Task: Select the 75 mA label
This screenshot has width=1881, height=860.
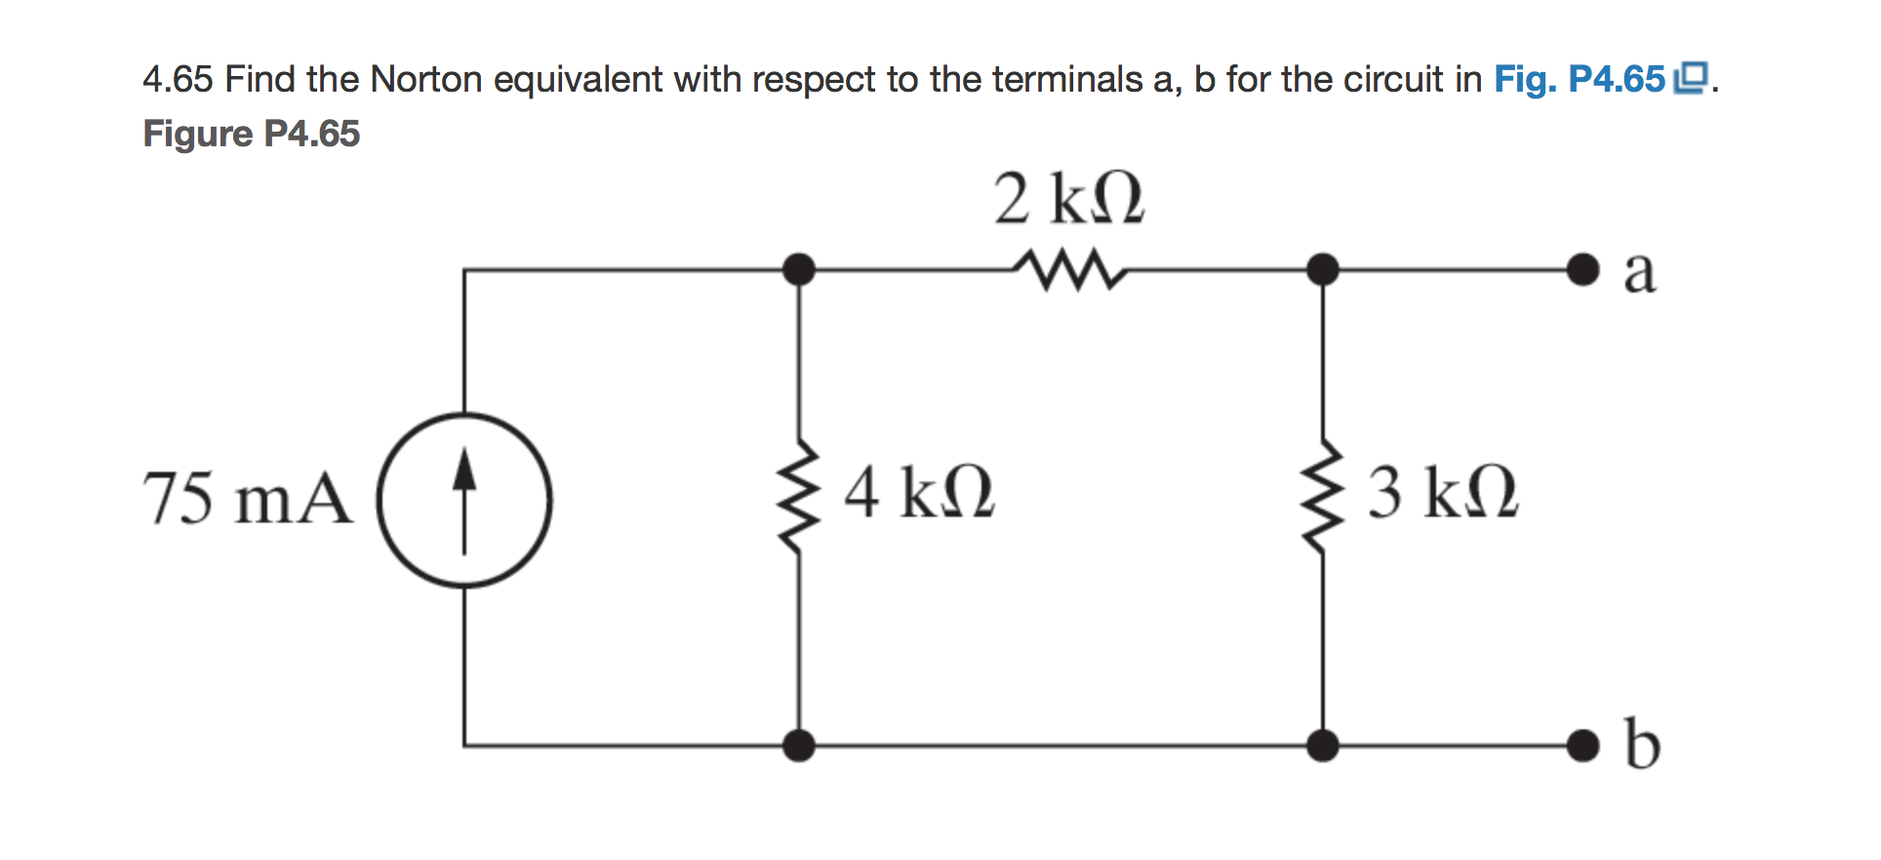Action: tap(248, 498)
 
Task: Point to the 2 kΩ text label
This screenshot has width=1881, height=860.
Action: tap(1068, 199)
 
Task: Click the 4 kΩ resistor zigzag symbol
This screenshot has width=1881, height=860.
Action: tap(799, 496)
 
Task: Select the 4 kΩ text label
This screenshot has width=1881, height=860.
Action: tap(919, 492)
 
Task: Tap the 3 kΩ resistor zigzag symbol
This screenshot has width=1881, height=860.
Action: tap(1323, 496)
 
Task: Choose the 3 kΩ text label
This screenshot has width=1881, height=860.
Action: tap(1442, 492)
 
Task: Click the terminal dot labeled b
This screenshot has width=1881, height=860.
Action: tap(1582, 746)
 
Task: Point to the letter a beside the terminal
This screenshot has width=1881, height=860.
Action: tap(1639, 272)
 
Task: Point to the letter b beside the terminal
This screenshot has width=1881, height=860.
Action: tap(1642, 745)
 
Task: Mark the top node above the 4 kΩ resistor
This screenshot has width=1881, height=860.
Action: tap(799, 268)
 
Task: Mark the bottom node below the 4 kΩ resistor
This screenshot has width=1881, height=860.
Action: tap(799, 746)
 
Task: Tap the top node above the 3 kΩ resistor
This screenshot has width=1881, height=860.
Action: tap(1323, 268)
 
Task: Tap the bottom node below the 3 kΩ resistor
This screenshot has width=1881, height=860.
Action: tap(1323, 746)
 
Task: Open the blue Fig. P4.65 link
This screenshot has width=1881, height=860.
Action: tap(1580, 79)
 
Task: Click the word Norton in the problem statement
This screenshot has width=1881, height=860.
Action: tap(425, 79)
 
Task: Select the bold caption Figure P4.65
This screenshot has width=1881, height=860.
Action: tap(252, 134)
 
